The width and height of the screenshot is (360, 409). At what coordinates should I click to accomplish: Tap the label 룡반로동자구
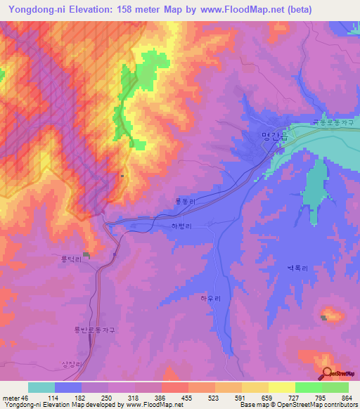coord(94,330)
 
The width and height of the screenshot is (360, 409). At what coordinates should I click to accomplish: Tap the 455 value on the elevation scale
coord(186,397)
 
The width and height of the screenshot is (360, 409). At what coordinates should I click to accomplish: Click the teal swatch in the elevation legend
coord(41,387)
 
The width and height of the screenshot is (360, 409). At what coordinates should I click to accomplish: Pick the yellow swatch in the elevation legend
coord(282,387)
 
